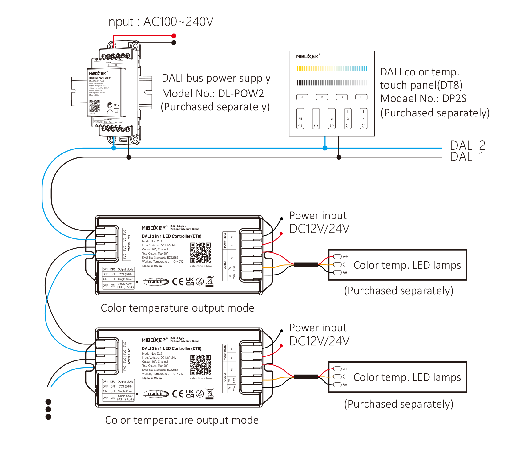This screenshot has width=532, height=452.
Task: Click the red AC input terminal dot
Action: tap(174, 36)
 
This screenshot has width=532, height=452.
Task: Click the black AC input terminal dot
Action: tap(174, 43)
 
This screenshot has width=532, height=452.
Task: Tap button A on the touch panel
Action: tap(302, 97)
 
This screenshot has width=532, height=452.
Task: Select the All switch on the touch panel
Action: tap(300, 119)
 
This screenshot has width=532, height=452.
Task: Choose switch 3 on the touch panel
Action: tap(348, 119)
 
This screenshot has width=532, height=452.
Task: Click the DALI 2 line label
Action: tap(467, 145)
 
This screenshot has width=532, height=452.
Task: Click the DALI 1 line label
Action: tap(466, 157)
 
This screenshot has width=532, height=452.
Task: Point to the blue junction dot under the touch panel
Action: tap(325, 148)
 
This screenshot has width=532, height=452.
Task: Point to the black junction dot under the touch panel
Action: tap(339, 157)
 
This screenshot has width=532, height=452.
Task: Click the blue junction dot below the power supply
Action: tap(114, 148)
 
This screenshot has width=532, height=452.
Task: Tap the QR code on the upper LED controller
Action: tap(200, 253)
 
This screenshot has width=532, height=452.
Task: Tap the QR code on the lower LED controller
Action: tap(200, 365)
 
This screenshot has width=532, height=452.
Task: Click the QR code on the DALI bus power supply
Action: tap(95, 106)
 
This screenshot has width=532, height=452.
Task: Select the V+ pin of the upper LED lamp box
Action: tap(338, 256)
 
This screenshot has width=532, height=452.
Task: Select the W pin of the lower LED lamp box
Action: tap(338, 385)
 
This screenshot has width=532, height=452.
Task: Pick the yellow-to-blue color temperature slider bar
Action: tap(332, 68)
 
